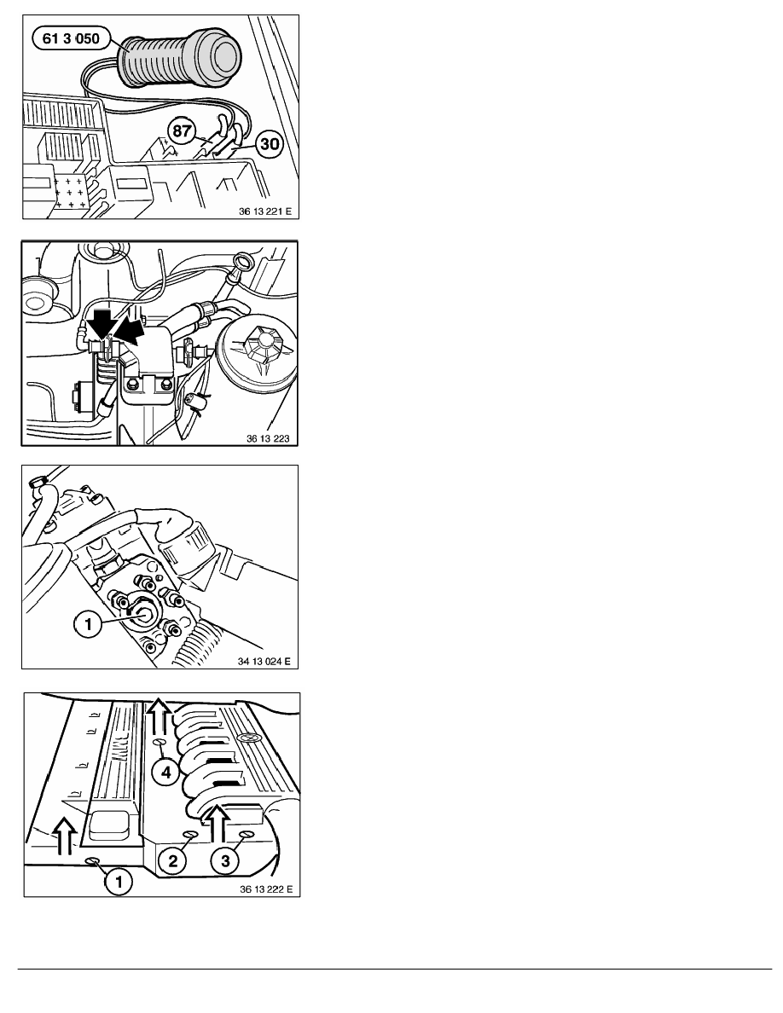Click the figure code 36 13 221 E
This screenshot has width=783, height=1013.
pos(264,212)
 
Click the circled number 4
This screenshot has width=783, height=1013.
pos(167,772)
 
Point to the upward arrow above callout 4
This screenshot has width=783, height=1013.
pos(159,715)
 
